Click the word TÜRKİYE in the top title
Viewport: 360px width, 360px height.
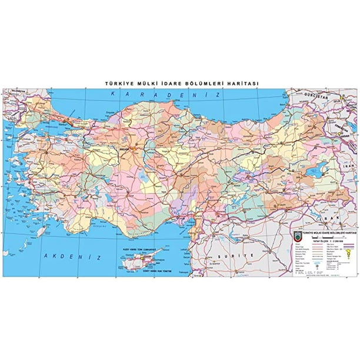pyautogui.click(x=116, y=84)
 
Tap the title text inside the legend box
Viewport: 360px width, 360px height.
pyautogui.click(x=321, y=232)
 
